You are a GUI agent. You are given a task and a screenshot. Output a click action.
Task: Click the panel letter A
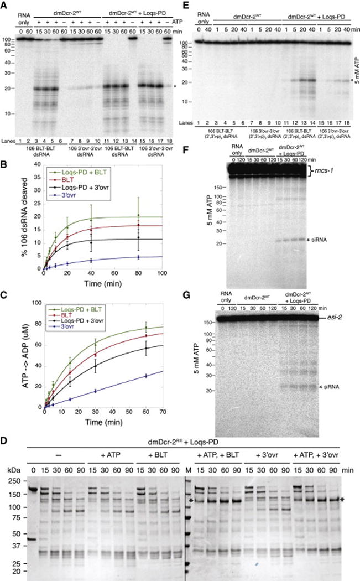(5, 4)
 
